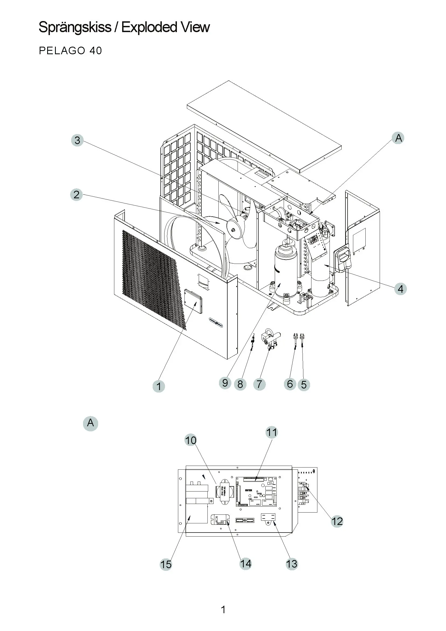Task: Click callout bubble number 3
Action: (77, 140)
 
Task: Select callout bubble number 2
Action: (77, 195)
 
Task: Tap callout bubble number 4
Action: (400, 289)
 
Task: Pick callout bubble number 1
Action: (159, 386)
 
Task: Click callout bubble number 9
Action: (225, 383)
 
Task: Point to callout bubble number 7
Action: (259, 384)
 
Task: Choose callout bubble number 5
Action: (304, 384)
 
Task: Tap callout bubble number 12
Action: (337, 521)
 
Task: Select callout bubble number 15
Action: (166, 564)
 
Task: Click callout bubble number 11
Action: (272, 432)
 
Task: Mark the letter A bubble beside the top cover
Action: (399, 138)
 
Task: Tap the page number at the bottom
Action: (223, 610)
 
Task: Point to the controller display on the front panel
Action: (193, 301)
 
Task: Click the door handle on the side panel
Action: (343, 258)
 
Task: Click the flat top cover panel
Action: (264, 127)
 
